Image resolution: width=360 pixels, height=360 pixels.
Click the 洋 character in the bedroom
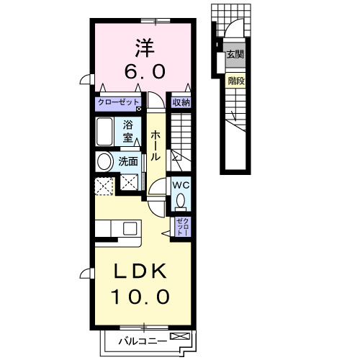(143, 48)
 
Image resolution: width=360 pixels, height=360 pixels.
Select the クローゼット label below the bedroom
(120, 103)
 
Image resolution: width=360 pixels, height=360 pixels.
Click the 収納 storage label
(181, 103)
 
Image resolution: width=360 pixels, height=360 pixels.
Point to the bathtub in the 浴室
(105, 132)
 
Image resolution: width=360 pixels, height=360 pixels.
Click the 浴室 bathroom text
(128, 130)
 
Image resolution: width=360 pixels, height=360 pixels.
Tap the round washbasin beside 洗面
(105, 162)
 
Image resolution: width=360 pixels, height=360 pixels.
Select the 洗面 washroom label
(128, 162)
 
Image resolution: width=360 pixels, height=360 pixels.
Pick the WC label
(181, 184)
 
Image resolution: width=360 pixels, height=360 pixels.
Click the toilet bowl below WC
(181, 199)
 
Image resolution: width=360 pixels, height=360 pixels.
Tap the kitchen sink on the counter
(130, 228)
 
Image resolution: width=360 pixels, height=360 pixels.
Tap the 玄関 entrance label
(235, 54)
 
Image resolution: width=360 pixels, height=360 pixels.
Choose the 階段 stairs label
(235, 81)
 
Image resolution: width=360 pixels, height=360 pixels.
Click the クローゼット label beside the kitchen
(181, 228)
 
